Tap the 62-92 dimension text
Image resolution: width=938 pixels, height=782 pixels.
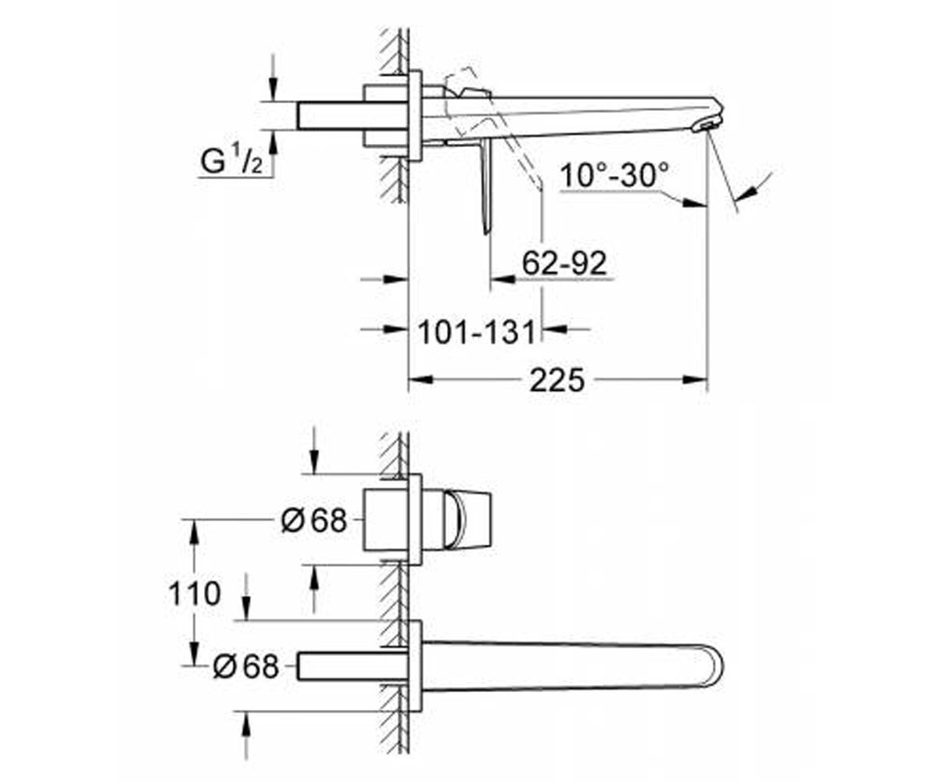pyautogui.click(x=564, y=263)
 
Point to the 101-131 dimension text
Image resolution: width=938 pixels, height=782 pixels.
pyautogui.click(x=477, y=332)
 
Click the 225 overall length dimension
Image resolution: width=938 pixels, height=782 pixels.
pyautogui.click(x=557, y=380)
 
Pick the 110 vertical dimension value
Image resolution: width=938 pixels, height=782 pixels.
pyautogui.click(x=195, y=594)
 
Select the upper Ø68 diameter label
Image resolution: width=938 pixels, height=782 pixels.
pyautogui.click(x=313, y=521)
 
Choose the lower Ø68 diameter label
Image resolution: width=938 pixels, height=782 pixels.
pyautogui.click(x=245, y=666)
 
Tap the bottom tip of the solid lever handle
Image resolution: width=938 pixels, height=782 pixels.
pyautogui.click(x=486, y=233)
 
